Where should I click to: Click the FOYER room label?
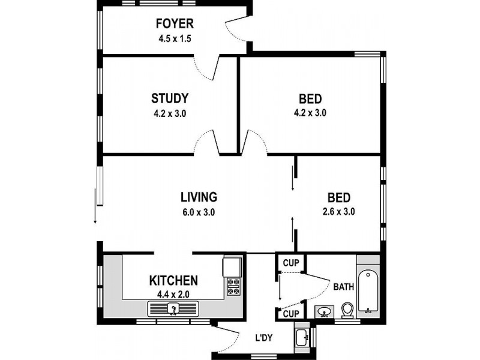pyautogui.click(x=175, y=23)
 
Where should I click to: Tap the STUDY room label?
pyautogui.click(x=170, y=98)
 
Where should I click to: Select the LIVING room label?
pyautogui.click(x=199, y=197)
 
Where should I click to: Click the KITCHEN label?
pyautogui.click(x=173, y=280)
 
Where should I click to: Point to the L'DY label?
pyautogui.click(x=264, y=338)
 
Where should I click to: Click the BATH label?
pyautogui.click(x=343, y=287)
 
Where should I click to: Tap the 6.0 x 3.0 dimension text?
pyautogui.click(x=199, y=212)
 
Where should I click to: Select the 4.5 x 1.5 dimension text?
pyautogui.click(x=175, y=38)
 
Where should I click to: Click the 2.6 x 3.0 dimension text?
pyautogui.click(x=338, y=212)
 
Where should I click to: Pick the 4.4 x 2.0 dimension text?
pyautogui.click(x=173, y=295)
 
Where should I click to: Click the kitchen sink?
pyautogui.click(x=173, y=308)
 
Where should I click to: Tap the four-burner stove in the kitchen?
pyautogui.click(x=234, y=286)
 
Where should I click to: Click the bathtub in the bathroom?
pyautogui.click(x=368, y=291)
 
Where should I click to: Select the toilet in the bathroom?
pyautogui.click(x=347, y=310)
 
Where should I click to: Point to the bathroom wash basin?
pyautogui.click(x=324, y=312)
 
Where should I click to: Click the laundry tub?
pyautogui.click(x=303, y=337)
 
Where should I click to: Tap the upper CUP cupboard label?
pyautogui.click(x=291, y=263)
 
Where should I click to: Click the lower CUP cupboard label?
pyautogui.click(x=291, y=314)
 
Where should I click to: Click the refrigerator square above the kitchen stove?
pyautogui.click(x=232, y=266)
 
